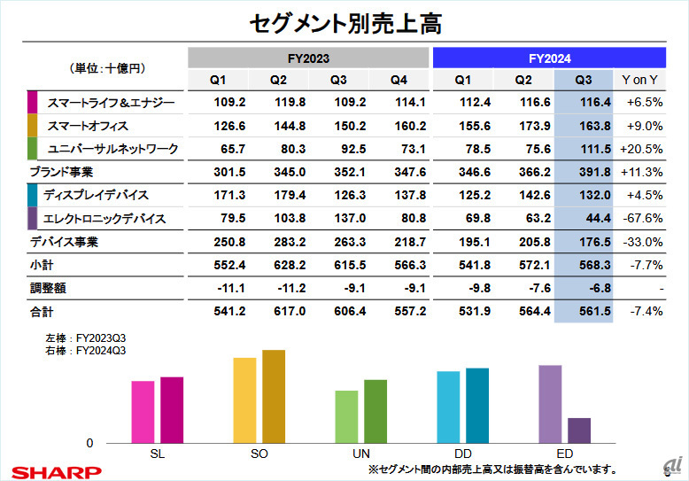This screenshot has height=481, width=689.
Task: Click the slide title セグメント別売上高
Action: (344, 22)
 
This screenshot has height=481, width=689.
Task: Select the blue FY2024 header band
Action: (548, 58)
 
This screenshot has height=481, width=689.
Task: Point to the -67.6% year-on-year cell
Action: (643, 218)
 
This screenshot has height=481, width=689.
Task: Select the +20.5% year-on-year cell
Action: (643, 148)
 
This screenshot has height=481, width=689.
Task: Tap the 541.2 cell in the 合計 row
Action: (230, 311)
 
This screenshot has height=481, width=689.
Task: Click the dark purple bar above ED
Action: (578, 431)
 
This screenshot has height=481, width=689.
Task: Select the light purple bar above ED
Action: (550, 404)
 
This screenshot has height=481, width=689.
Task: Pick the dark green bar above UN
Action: (375, 411)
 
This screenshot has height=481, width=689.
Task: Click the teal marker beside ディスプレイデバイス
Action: (33, 194)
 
